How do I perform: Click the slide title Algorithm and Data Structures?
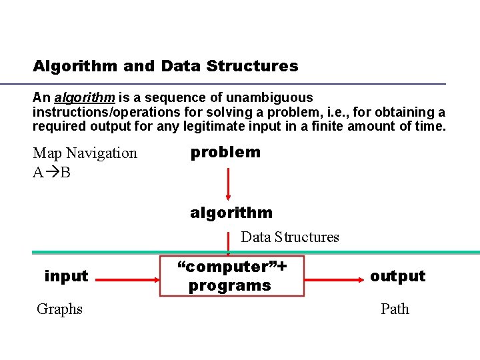click(165, 66)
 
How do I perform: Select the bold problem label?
click(225, 152)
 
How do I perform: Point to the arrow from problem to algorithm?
click(228, 183)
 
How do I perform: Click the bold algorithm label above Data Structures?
click(231, 213)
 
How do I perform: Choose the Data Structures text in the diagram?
click(289, 237)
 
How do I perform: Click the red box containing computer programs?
click(232, 276)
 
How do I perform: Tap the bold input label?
click(66, 276)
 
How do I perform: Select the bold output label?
click(397, 276)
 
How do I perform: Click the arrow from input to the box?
click(126, 275)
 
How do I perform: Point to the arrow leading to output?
click(333, 275)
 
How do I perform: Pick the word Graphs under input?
click(59, 309)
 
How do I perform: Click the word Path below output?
click(395, 309)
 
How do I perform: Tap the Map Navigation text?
click(85, 153)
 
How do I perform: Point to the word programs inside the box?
click(229, 286)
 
